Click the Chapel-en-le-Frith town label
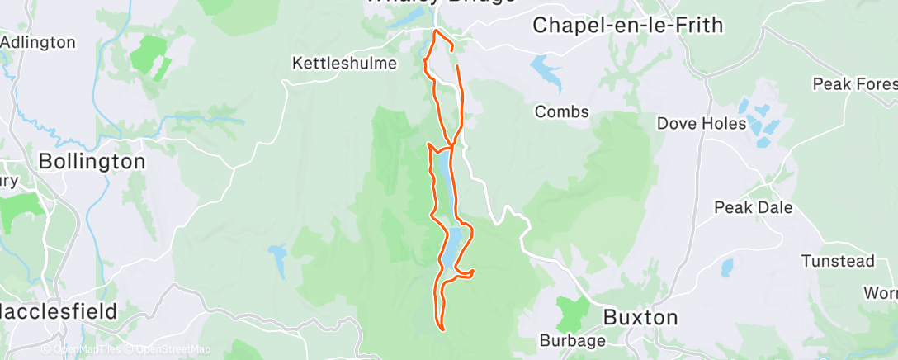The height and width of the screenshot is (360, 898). coord(627,25)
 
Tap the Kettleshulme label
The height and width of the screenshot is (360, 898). coord(345,63)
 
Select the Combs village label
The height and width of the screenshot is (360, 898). coord(562,111)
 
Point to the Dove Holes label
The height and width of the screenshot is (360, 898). coord(701,124)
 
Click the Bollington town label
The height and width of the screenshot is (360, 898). coord(92,161)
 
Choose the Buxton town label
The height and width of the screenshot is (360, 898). coord(640,317)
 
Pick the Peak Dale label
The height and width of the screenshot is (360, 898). coord(753,207)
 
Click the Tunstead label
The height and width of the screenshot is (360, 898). coord(838,261)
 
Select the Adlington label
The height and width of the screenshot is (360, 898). coord(38,41)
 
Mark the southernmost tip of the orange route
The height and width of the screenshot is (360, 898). coord(444,330)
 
